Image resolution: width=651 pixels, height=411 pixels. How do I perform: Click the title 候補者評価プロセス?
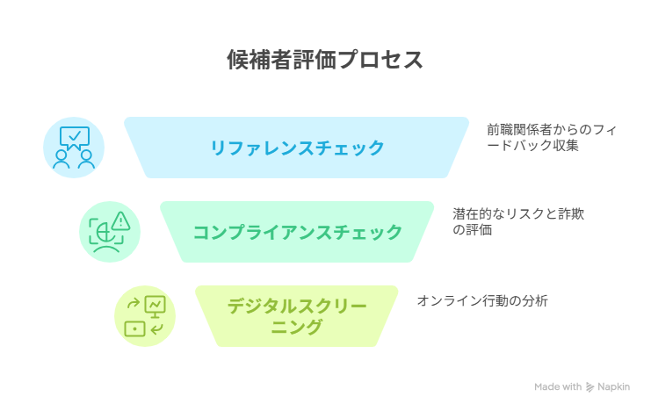tap(325, 60)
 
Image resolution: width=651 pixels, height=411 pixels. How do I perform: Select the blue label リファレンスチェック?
tap(297, 148)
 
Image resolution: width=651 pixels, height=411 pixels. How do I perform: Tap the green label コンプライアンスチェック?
tap(297, 232)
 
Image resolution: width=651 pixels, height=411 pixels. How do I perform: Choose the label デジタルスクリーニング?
tap(296, 316)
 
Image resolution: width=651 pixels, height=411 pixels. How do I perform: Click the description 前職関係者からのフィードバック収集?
tap(552, 137)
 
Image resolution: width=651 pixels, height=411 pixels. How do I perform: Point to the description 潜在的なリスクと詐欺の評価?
tap(518, 221)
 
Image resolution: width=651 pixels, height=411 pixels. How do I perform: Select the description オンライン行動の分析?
tap(482, 300)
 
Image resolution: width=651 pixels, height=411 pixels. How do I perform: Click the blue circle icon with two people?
tap(74, 148)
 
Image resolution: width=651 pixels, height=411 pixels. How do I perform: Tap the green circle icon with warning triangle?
tap(110, 232)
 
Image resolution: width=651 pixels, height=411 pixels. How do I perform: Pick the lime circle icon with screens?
tap(145, 316)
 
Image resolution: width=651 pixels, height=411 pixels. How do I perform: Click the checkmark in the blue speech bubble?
tap(75, 136)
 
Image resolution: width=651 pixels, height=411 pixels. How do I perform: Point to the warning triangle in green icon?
tap(121, 220)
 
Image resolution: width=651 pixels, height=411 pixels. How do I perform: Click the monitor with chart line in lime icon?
tap(156, 306)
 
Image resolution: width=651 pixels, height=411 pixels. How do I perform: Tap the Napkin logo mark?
tap(590, 387)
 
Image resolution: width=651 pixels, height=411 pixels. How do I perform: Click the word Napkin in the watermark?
tap(613, 387)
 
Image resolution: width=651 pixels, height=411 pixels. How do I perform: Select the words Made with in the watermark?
tap(558, 387)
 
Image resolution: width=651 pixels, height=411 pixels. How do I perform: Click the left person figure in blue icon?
tap(61, 160)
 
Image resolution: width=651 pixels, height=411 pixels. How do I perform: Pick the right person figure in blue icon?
tap(86, 160)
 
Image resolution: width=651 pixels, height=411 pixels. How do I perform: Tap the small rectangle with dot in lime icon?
tap(134, 328)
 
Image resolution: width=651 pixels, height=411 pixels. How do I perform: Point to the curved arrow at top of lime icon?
tap(134, 304)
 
